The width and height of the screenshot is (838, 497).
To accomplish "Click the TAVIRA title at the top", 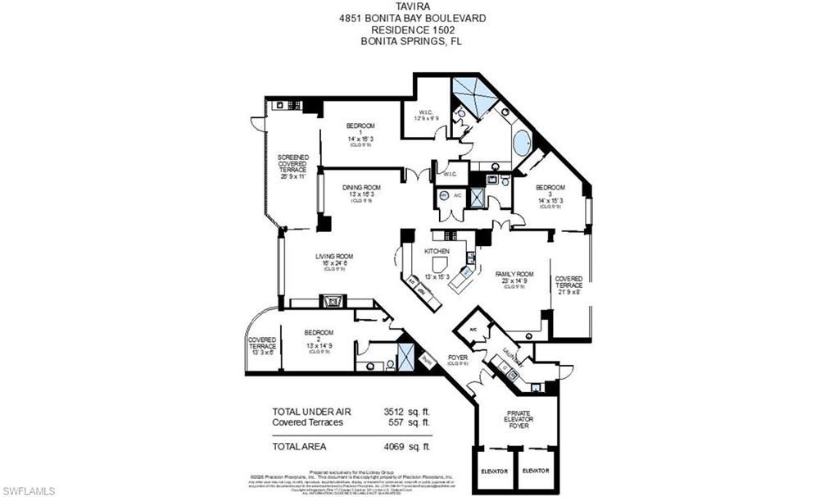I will click(x=418, y=6).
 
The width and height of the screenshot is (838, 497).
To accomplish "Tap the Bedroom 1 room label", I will click(x=360, y=132).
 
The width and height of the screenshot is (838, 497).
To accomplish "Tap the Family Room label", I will click(x=514, y=279).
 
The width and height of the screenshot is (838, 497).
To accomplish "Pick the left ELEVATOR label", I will click(x=496, y=471).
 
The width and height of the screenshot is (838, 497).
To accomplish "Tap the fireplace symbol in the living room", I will click(x=334, y=301).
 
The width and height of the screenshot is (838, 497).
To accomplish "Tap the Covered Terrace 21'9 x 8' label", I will click(x=568, y=285).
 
